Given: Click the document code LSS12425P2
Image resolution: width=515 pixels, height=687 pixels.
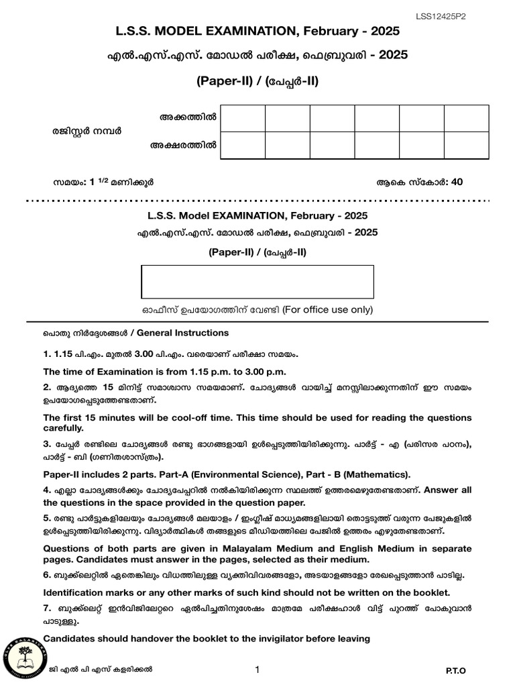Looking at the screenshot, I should click(x=441, y=17).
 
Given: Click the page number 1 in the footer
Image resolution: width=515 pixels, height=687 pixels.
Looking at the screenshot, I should click(x=257, y=670).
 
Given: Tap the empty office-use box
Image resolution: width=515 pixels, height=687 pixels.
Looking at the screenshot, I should click(x=257, y=282).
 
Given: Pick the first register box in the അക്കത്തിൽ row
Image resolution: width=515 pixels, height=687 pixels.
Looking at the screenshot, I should click(x=243, y=118).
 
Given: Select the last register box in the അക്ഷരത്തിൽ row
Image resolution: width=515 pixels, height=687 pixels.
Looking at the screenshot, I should click(x=465, y=146).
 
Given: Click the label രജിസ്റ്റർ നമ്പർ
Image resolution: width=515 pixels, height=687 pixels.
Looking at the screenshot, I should click(x=88, y=131).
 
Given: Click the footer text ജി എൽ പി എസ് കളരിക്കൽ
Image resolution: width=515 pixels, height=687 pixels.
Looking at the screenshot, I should click(x=101, y=669).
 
